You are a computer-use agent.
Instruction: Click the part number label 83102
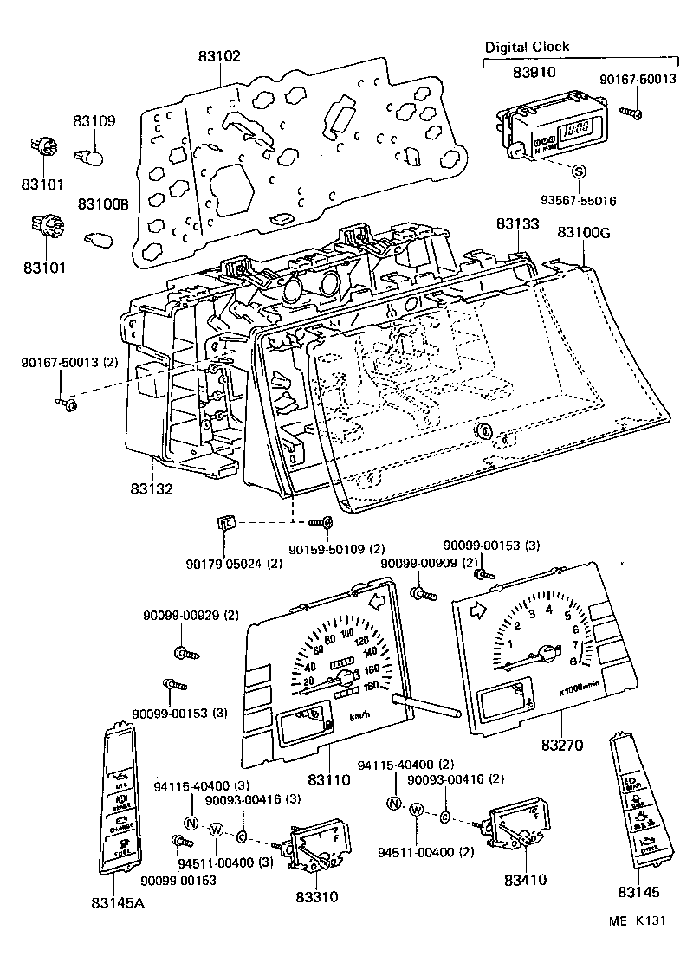(220, 55)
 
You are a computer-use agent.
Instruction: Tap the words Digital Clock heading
(527, 47)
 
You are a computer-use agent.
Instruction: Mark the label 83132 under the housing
(153, 488)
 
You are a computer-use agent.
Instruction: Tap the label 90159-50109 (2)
(336, 549)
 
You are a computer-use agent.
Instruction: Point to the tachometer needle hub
(547, 652)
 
